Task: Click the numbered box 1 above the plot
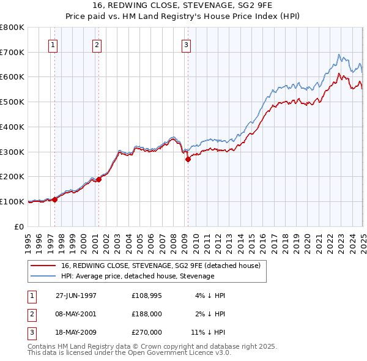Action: point(53,44)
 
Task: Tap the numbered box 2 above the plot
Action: point(97,44)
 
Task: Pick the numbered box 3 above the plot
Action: point(186,44)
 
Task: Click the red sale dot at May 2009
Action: point(188,159)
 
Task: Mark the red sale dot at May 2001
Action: point(98,180)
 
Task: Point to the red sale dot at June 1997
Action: point(55,199)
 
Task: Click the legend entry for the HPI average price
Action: point(138,276)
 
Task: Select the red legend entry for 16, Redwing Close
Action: point(161,266)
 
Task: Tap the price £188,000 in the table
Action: point(147,314)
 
